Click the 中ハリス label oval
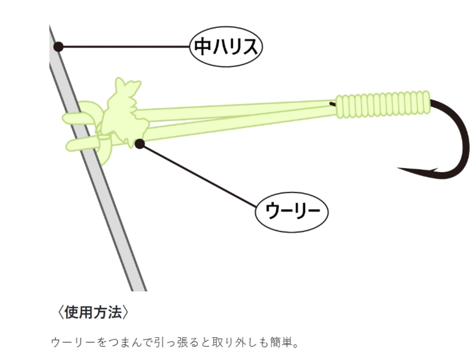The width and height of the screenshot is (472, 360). point(226,47)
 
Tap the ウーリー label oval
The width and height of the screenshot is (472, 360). point(292,211)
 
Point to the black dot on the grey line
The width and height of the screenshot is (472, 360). point(58,47)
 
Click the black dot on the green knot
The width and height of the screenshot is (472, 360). point(139,144)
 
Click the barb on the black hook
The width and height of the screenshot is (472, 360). point(434,170)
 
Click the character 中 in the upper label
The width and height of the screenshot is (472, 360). point(202,47)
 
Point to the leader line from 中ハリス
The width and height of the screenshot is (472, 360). point(125,47)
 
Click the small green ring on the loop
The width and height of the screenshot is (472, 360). point(104,139)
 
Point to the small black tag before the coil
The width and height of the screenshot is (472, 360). point(333,104)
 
